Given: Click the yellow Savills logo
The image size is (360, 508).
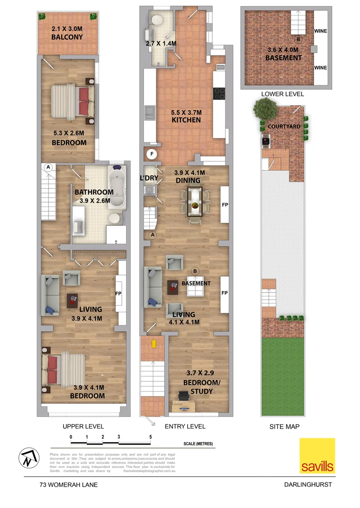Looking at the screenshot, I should [x=318, y=456].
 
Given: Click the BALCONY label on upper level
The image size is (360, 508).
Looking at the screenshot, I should [x=67, y=37].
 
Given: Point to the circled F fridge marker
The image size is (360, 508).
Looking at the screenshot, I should [x=152, y=154].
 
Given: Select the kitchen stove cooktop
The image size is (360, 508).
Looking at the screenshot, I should [x=219, y=94].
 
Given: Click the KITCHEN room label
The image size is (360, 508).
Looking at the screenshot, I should [x=186, y=120].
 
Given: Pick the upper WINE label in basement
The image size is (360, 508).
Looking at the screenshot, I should [x=320, y=31].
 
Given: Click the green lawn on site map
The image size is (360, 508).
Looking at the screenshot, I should [x=284, y=376].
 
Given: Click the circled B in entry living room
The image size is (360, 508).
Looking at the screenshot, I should [x=195, y=271].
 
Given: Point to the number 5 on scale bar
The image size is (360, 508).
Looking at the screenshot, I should [x=151, y=437].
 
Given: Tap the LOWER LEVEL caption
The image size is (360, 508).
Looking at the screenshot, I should [x=282, y=94].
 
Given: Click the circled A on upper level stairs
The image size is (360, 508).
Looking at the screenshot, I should [x=48, y=167].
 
